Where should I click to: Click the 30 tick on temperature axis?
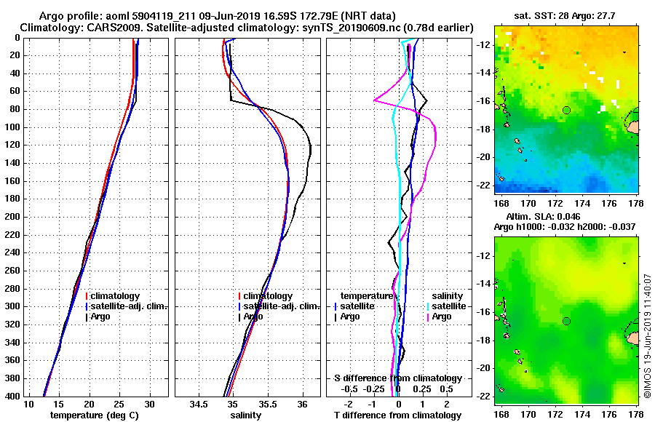point(149,404)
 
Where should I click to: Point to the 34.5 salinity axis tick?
point(199,404)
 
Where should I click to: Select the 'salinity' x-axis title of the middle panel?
point(246,415)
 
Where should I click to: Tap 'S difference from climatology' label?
point(398,378)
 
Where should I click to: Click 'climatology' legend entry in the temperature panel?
point(116,296)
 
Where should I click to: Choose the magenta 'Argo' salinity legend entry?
point(442,316)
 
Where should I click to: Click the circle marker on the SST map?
point(566,110)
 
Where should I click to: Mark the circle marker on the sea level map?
point(566,321)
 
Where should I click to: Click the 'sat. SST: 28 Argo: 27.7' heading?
point(565,14)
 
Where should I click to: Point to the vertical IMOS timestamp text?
point(648,335)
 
